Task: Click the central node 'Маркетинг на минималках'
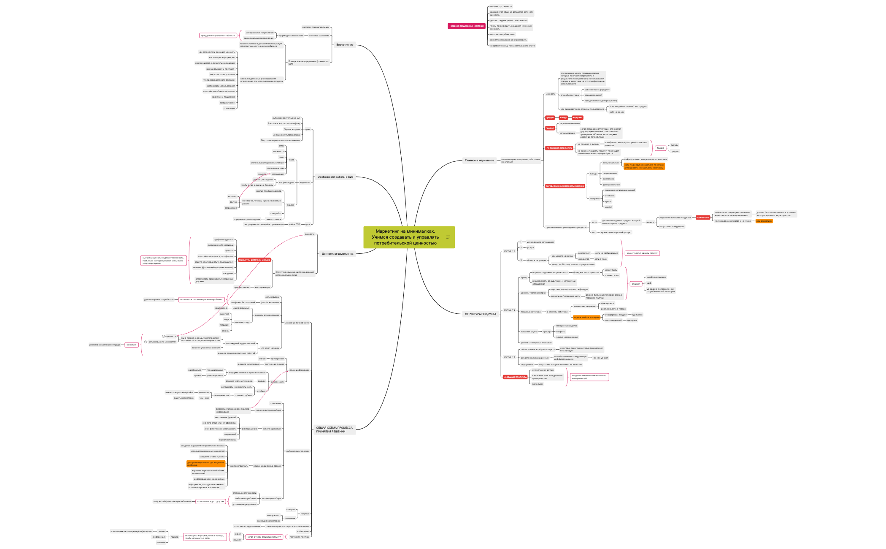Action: click(405, 237)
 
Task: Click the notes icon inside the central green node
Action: click(448, 237)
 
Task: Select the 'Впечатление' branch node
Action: click(345, 45)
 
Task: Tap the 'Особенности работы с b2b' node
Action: click(335, 177)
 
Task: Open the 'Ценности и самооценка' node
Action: click(337, 254)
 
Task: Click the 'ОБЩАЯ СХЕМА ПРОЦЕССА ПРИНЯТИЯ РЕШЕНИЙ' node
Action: click(334, 429)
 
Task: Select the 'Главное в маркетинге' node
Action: click(479, 160)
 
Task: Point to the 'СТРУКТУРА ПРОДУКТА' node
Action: click(480, 314)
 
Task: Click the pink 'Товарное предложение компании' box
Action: click(466, 26)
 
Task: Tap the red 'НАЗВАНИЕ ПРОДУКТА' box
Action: click(515, 377)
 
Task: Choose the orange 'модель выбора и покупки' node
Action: click(586, 317)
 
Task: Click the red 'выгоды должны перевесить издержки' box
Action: click(565, 186)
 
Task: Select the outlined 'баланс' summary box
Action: click(660, 148)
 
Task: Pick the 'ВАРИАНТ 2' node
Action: click(509, 310)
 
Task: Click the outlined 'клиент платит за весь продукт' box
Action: click(642, 253)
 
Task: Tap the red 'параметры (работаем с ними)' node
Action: click(254, 260)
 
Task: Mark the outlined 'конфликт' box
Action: click(132, 345)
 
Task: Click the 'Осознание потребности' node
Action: click(296, 323)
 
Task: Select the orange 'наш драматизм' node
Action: click(764, 221)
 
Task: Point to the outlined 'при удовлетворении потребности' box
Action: click(218, 35)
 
